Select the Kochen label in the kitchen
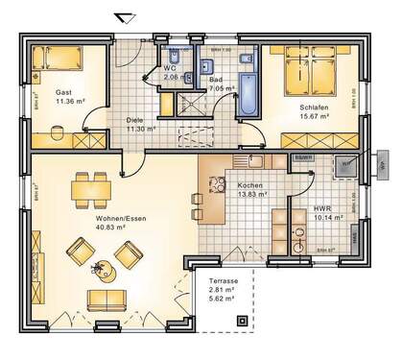pyautogui.click(x=239, y=184)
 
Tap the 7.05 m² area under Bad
pyautogui.click(x=222, y=87)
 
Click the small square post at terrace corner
pyautogui.click(x=242, y=321)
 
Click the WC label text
pyautogui.click(x=170, y=68)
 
